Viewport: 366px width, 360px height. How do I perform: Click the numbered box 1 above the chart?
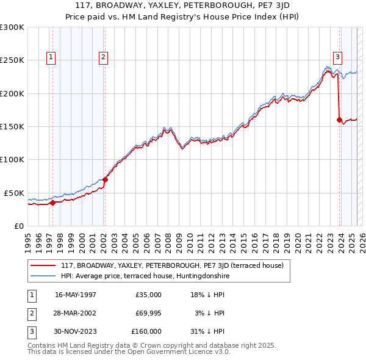[x=51, y=57]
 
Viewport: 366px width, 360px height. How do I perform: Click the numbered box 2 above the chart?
[x=104, y=57]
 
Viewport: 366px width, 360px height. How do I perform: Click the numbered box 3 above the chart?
[x=337, y=57]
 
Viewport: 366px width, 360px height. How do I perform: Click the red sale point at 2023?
[x=339, y=120]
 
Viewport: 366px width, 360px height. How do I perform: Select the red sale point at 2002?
[x=106, y=179]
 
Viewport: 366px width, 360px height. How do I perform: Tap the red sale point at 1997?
[x=53, y=203]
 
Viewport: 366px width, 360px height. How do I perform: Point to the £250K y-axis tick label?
[x=12, y=60]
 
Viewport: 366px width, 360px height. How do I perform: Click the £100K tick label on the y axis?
[x=12, y=159]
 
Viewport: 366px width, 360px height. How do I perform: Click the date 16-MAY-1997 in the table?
[x=76, y=295]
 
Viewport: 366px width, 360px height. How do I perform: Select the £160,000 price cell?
[x=146, y=331]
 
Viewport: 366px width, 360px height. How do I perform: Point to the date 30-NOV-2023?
[x=76, y=331]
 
